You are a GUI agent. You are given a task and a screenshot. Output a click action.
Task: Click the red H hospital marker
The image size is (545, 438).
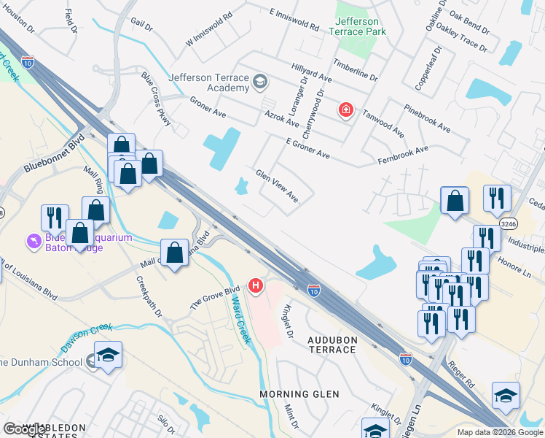pos(255,285)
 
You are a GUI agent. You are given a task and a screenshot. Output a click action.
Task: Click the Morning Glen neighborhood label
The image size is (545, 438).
pos(299,394)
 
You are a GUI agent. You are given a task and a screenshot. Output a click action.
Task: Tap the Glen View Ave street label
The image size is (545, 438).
pos(277,186)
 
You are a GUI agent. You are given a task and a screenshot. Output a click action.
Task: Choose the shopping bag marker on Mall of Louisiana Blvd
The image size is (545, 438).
pos(174,253)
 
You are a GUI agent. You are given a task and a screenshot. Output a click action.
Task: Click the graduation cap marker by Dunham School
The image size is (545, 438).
pos(108,355)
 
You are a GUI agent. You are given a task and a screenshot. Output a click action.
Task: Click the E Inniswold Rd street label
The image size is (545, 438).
pos(294,20)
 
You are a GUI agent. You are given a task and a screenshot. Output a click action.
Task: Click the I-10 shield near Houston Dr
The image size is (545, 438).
pos(28,61)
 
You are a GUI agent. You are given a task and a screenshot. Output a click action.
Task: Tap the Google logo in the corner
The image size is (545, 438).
pos(25,429)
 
